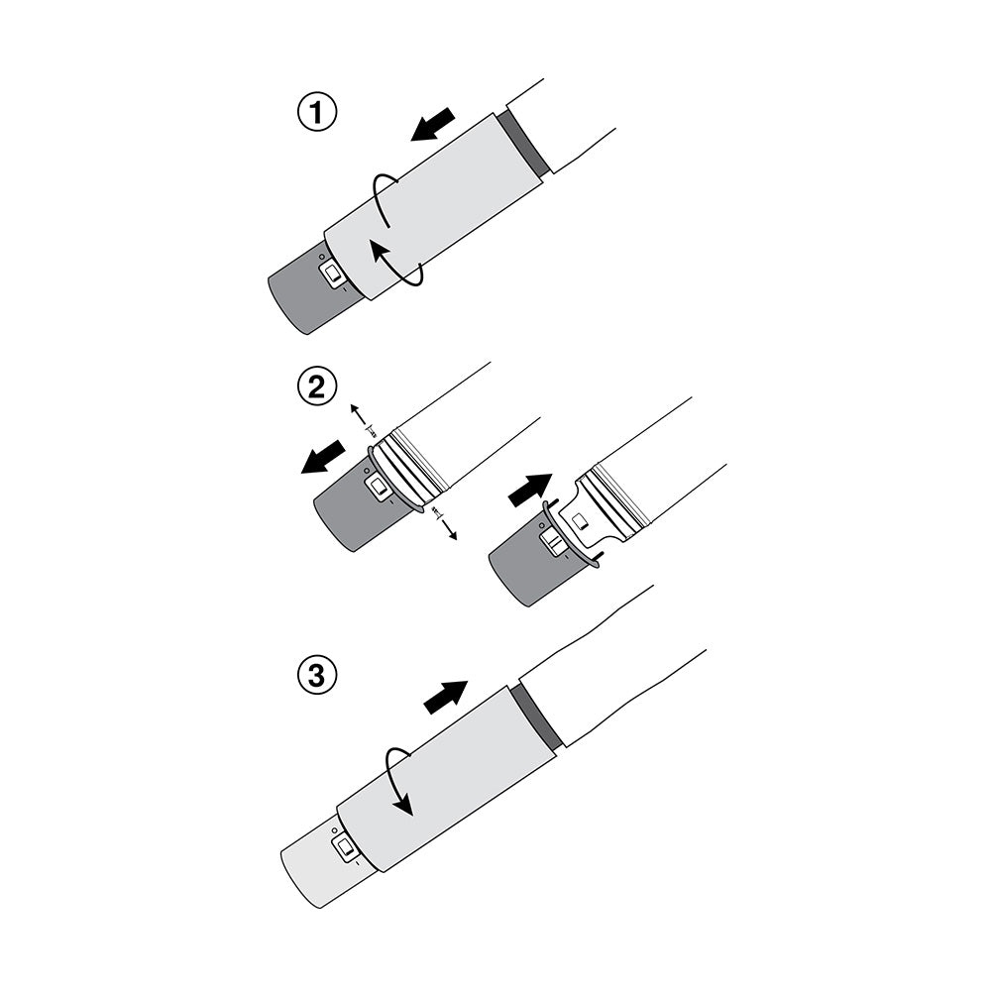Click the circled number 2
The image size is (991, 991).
pyautogui.click(x=317, y=386)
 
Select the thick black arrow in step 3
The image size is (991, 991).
pyautogui.click(x=446, y=697)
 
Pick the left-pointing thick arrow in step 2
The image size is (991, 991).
pyautogui.click(x=325, y=459)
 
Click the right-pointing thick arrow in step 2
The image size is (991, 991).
pyautogui.click(x=530, y=490)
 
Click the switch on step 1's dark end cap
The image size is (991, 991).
pyautogui.click(x=335, y=273)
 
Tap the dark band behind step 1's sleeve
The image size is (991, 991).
pyautogui.click(x=525, y=144)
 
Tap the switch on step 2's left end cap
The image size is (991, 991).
pyautogui.click(x=378, y=487)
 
